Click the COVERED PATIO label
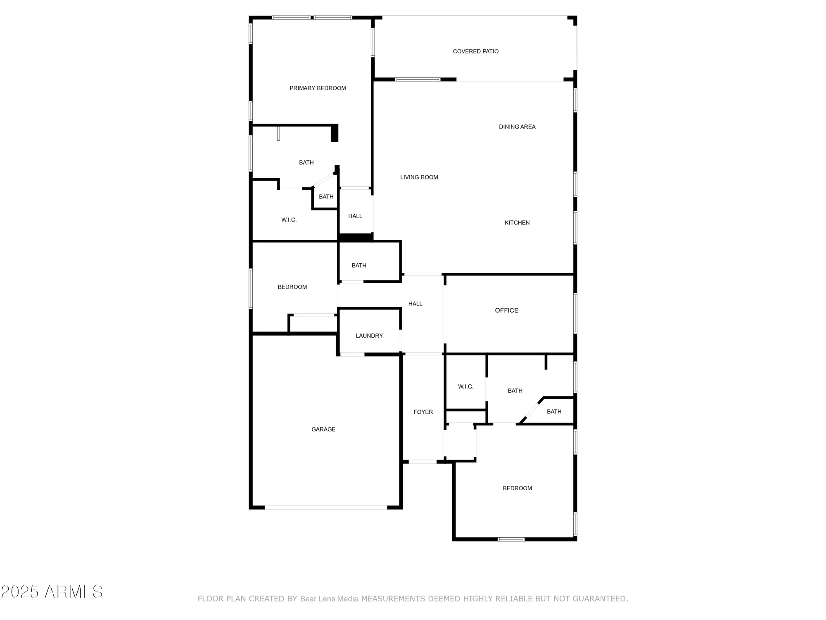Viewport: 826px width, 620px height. pos(475,51)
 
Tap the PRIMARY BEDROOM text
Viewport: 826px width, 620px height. pos(318,88)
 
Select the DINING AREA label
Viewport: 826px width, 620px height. pos(517,127)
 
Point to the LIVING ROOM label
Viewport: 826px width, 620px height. pos(419,177)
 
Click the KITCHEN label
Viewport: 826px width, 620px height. pos(517,223)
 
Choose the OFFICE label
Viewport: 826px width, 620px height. pos(506,310)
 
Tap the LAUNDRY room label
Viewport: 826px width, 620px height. pos(369,336)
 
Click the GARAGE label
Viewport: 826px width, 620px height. pos(323,429)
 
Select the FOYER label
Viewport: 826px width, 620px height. pos(423,412)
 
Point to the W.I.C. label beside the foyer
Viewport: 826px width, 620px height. pos(465,387)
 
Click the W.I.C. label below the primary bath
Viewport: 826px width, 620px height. pos(289,220)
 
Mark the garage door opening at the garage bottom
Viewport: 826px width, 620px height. pos(326,507)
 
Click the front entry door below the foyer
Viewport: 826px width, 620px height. pos(422,462)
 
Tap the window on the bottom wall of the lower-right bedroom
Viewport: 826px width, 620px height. pos(511,539)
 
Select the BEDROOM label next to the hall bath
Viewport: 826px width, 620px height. pos(292,287)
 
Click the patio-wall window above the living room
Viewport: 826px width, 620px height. pos(418,79)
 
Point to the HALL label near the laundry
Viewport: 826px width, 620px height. pos(415,304)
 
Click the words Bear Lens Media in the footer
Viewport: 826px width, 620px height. pos(329,599)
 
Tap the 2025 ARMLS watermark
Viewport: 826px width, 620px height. pos(52,592)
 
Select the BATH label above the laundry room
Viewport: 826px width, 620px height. pos(359,265)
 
